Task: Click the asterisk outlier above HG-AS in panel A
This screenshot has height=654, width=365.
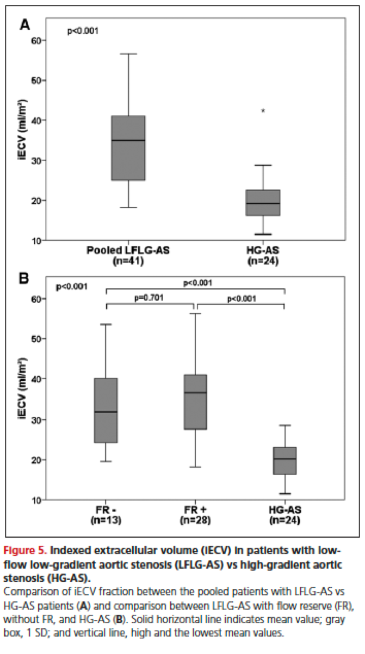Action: click(x=263, y=111)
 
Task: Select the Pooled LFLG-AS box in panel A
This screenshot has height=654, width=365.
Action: click(x=128, y=148)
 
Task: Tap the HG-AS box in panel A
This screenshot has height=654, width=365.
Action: click(x=263, y=203)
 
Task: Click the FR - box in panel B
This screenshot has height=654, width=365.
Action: click(x=106, y=410)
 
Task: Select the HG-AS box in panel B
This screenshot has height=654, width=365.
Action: click(x=284, y=461)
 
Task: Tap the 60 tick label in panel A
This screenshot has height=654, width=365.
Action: click(x=38, y=40)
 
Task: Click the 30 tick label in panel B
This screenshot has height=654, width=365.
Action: click(x=38, y=420)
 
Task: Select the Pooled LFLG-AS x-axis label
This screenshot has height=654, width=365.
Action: click(x=128, y=250)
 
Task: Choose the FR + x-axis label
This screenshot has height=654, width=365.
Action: click(x=195, y=511)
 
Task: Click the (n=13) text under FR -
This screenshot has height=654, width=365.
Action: click(x=106, y=520)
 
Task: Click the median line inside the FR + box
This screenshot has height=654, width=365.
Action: click(x=195, y=393)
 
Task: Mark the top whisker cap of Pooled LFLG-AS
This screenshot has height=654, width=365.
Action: click(x=128, y=54)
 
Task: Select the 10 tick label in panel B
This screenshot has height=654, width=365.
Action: click(x=38, y=500)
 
